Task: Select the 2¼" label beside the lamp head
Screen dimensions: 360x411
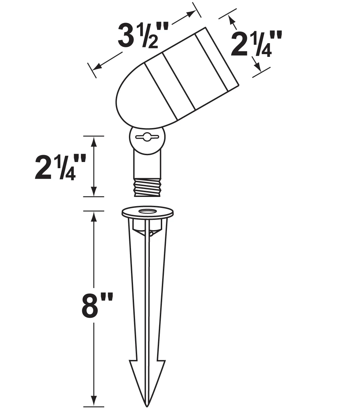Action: click(256, 44)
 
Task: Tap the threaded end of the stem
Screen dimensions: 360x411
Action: click(147, 187)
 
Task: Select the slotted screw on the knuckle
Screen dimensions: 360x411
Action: click(147, 137)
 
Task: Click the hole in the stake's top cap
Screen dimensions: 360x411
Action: click(147, 211)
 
